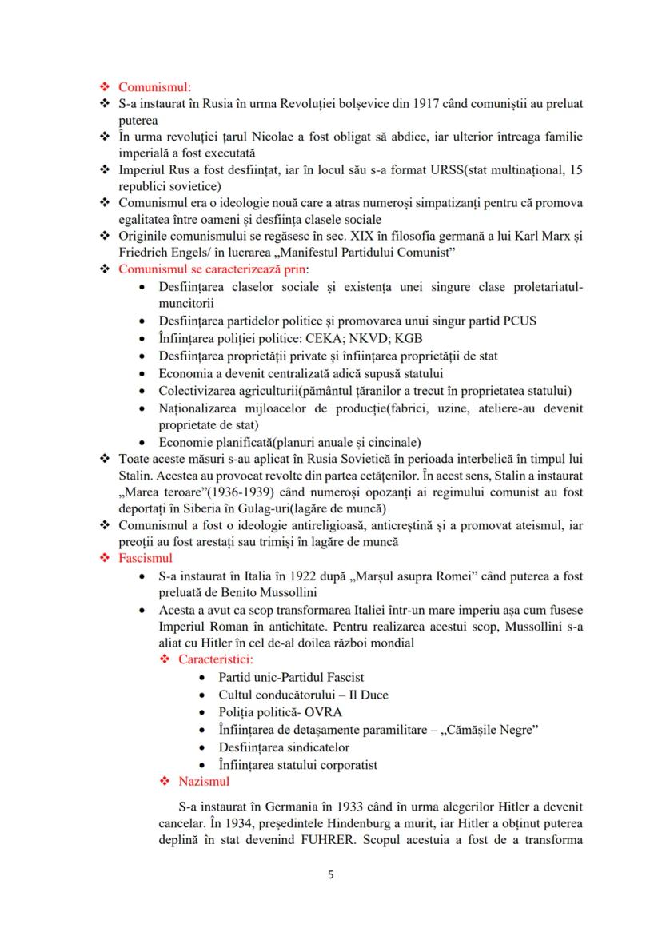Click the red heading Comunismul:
click(154, 87)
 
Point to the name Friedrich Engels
click(162, 253)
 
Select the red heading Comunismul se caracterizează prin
click(213, 269)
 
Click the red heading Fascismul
click(146, 558)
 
